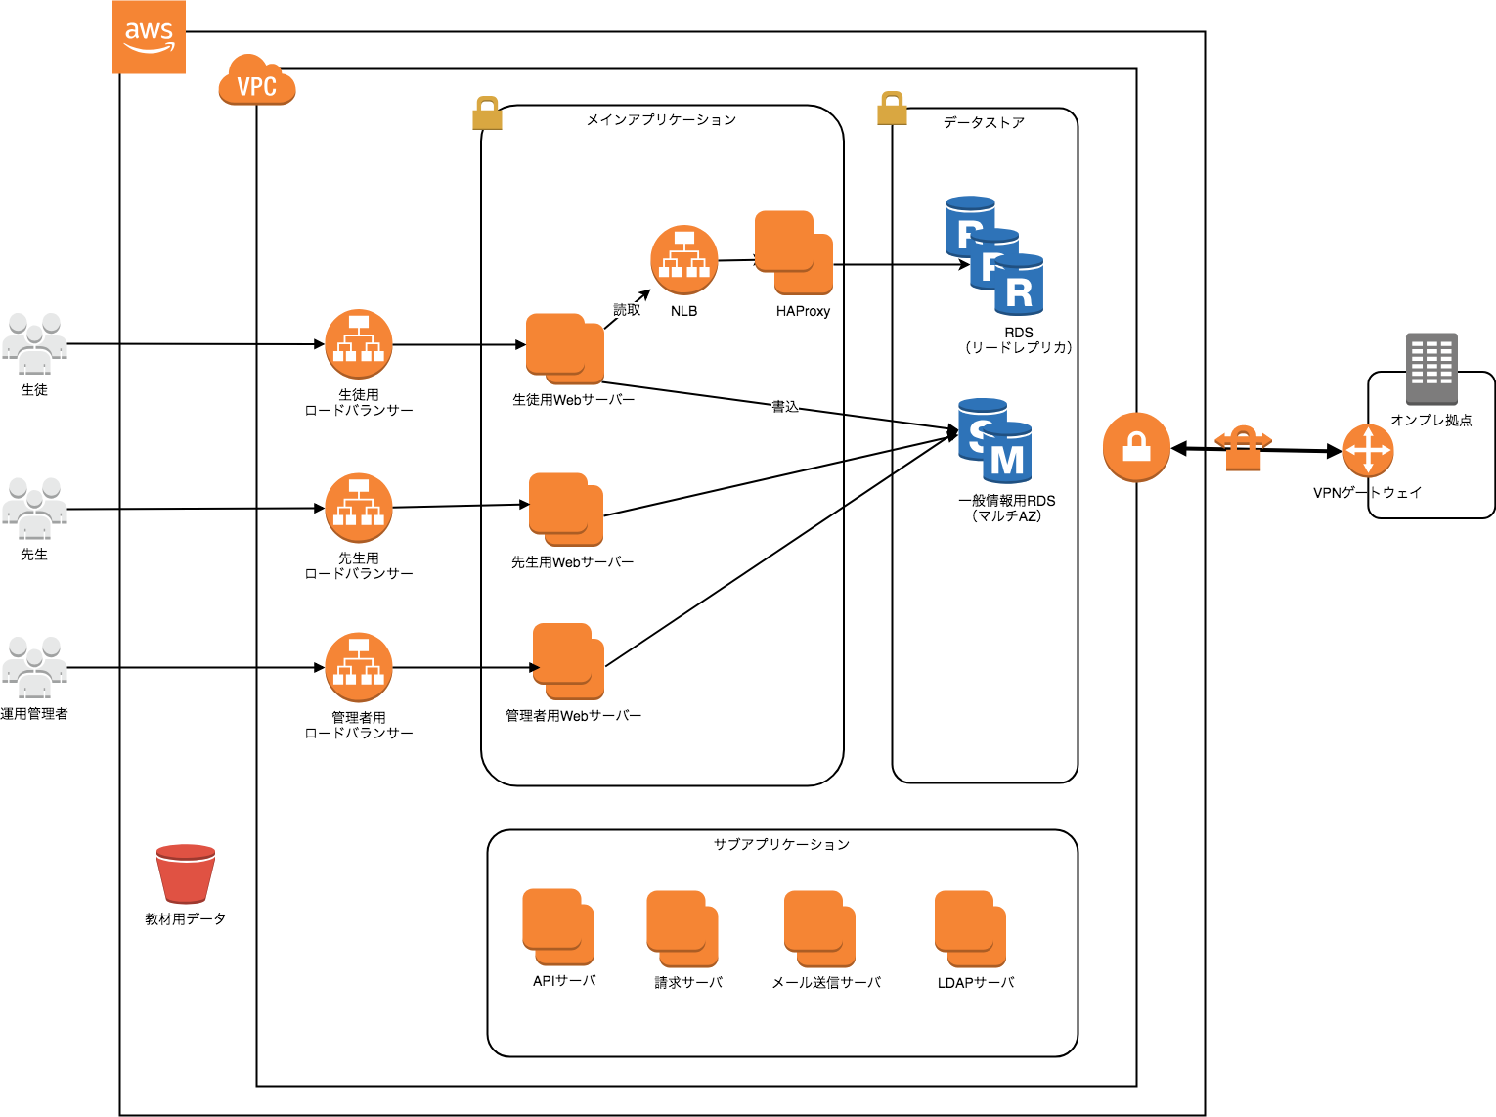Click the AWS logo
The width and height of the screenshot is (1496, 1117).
coord(149,37)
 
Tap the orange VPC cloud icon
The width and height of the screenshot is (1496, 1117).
coord(256,82)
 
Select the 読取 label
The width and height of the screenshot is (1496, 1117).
coord(627,310)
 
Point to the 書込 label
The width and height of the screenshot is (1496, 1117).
coord(785,407)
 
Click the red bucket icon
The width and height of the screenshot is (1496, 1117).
coord(186,873)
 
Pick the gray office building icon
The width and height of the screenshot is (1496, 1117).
coord(1431,369)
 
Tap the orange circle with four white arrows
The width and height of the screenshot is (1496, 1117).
coord(1368,451)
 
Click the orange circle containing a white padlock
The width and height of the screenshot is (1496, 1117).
coord(1136,447)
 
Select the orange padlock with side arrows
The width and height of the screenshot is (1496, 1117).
coord(1243,448)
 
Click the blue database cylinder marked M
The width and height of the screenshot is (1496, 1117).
coord(1008,455)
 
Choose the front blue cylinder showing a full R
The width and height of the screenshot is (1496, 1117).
coord(1019,287)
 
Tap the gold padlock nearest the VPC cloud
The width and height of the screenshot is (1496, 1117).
coord(487,113)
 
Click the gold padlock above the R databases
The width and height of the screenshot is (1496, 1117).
coord(892,109)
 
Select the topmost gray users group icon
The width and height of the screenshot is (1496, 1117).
coord(35,343)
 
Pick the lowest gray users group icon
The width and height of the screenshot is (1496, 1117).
coord(35,667)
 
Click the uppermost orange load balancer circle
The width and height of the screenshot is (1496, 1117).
coord(684,260)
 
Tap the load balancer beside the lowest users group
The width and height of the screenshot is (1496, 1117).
coord(359,667)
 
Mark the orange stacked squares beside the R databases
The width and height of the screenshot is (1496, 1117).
coord(793,252)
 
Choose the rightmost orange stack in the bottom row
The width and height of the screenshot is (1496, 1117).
coord(970,928)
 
